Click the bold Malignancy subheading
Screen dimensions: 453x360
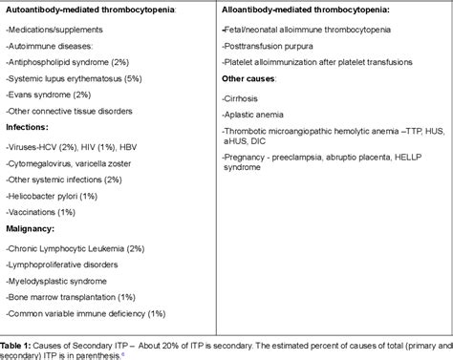point(32,228)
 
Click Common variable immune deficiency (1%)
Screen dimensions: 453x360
point(86,313)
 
